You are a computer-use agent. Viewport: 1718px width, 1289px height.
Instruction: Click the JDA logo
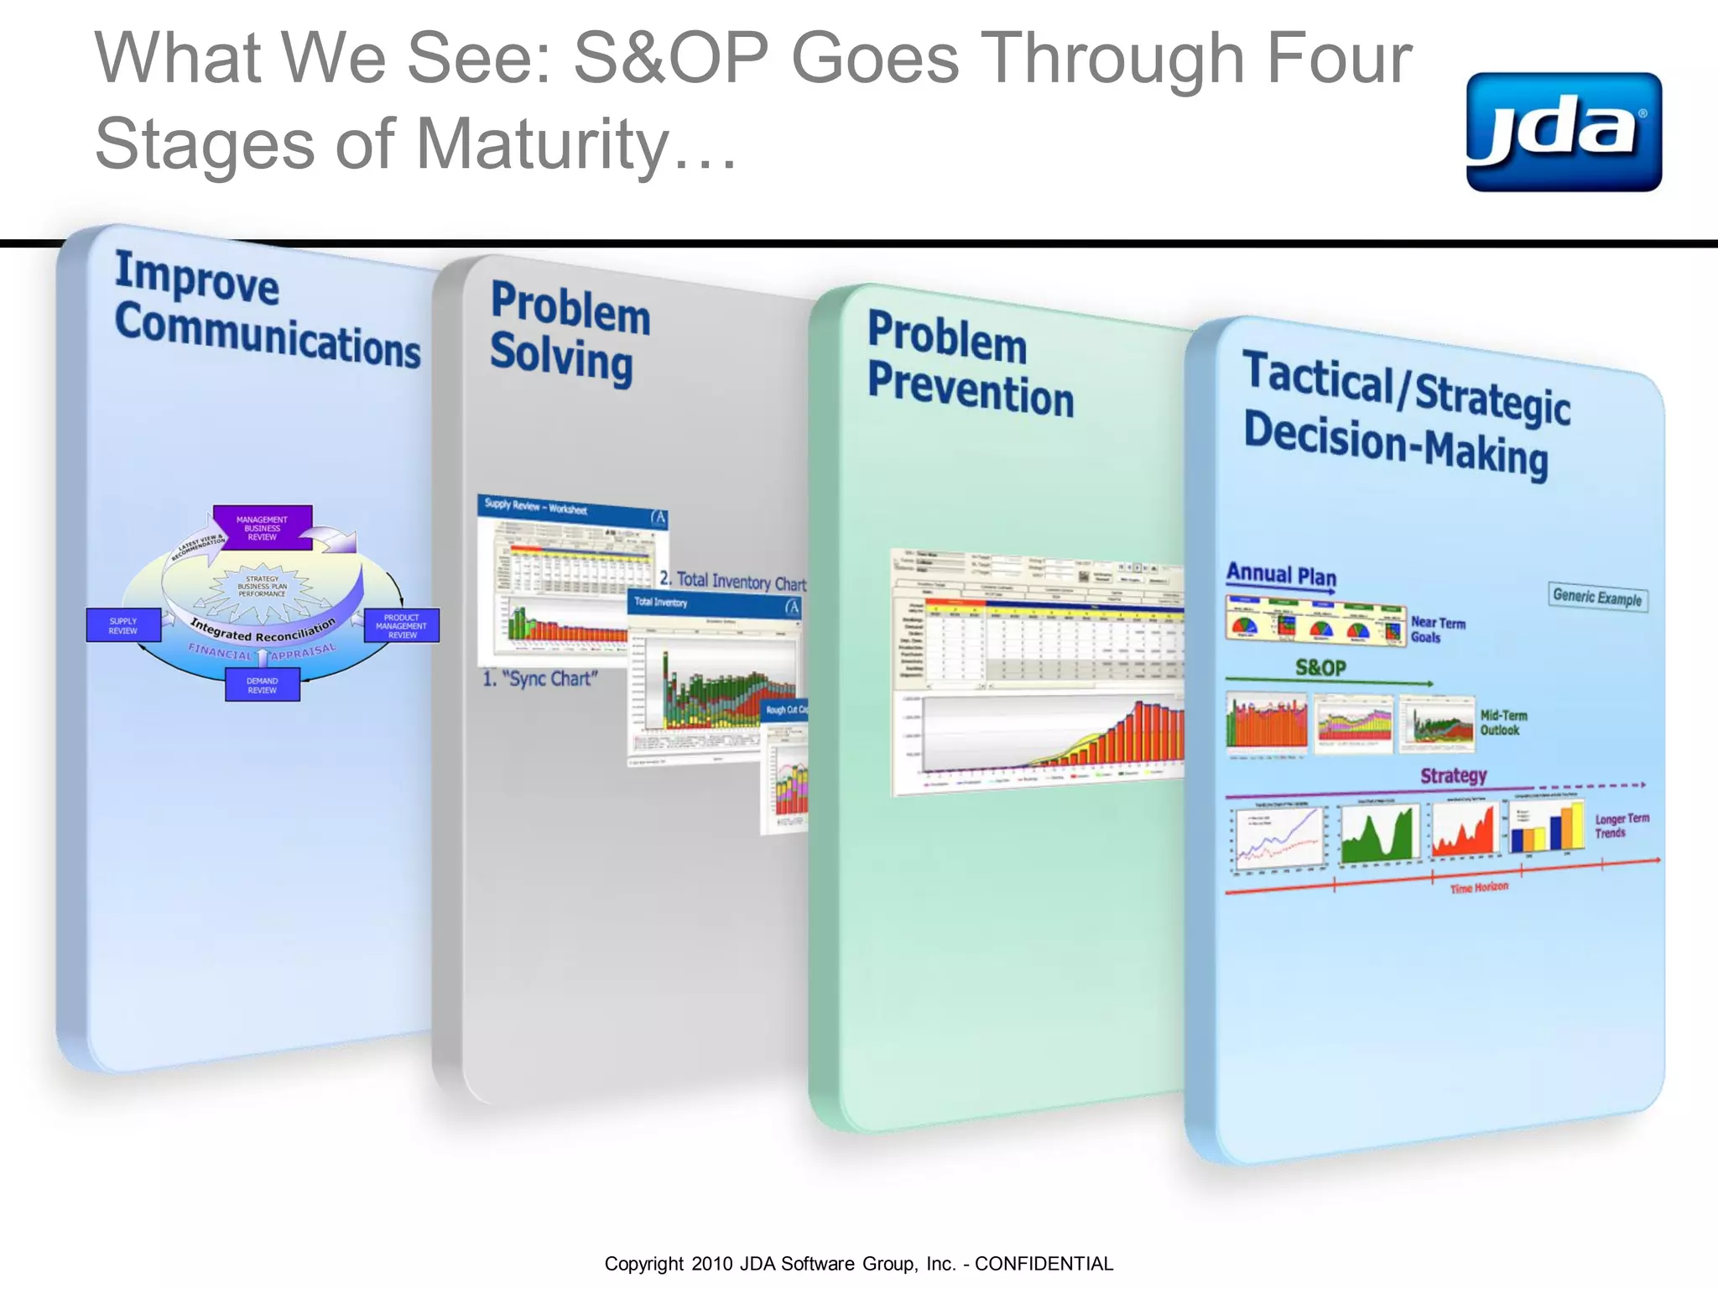pos(1563,132)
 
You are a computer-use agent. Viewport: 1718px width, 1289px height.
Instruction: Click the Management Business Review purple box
pos(263,528)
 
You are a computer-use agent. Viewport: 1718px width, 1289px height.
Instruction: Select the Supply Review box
pos(123,625)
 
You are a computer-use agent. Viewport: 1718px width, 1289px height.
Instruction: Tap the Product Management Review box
pos(402,626)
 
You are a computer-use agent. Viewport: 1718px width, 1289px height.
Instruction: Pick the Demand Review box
pos(262,685)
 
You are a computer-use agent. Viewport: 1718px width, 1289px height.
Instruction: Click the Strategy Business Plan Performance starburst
pos(262,587)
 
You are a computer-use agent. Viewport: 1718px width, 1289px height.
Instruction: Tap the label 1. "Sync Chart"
pos(540,678)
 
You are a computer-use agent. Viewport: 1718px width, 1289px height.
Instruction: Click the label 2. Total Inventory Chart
pos(732,581)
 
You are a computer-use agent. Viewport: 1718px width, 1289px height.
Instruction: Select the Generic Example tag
pos(1596,597)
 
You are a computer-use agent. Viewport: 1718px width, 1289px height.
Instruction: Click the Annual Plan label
pos(1281,575)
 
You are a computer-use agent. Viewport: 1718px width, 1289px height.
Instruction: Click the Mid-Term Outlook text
pos(1502,723)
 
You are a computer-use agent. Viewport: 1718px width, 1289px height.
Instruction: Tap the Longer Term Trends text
pos(1621,825)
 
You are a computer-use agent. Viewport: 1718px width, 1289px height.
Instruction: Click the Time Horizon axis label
pos(1479,887)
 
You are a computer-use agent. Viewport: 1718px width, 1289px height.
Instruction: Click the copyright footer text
pos(858,1263)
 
